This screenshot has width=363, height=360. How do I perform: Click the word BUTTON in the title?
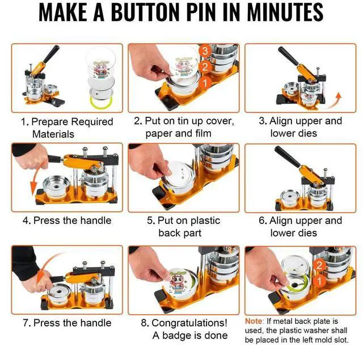145,12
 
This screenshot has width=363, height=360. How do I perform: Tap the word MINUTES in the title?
285,12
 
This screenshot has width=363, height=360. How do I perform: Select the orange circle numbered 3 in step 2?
205,51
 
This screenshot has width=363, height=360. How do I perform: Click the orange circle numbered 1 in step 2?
205,83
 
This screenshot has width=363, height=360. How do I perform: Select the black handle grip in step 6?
288,156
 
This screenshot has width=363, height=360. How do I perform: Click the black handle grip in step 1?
52,54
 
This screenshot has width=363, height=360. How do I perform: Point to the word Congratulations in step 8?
189,323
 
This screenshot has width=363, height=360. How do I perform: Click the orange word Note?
254,321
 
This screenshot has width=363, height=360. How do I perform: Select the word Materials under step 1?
53,134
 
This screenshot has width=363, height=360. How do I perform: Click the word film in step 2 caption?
203,133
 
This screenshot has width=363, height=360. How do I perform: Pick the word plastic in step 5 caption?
204,221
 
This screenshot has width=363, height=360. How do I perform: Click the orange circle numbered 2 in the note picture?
319,265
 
